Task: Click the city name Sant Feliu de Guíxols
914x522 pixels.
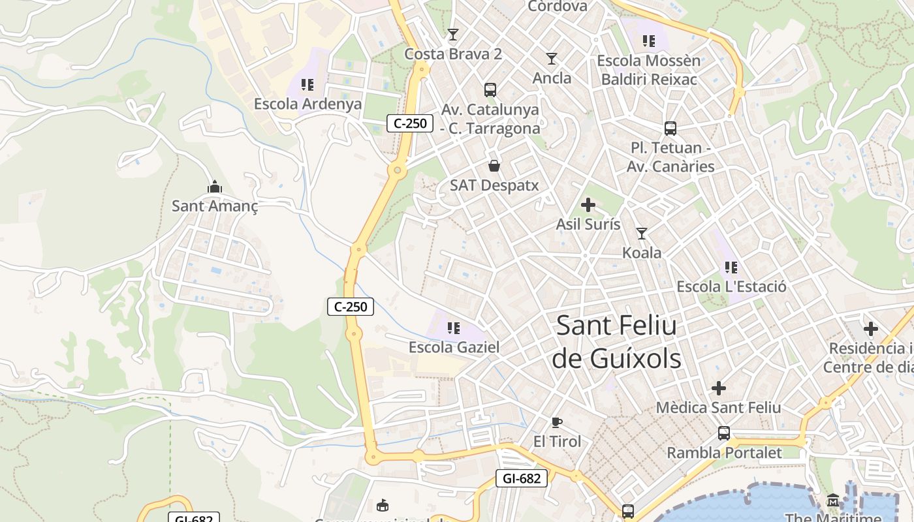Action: point(616,342)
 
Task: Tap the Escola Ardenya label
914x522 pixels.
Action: point(307,104)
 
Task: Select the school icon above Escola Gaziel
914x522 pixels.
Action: point(454,328)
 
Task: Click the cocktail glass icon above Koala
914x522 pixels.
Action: point(642,233)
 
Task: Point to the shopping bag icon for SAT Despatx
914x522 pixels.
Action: point(494,166)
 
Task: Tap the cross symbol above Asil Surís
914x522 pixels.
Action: point(588,205)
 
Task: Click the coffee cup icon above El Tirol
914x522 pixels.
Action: point(557,422)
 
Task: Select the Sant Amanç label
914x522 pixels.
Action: point(215,206)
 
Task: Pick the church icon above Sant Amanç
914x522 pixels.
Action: point(215,187)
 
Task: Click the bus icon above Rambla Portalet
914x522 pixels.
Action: point(724,433)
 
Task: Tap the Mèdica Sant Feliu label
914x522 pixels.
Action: point(718,408)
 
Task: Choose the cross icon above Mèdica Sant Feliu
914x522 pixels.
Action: point(719,388)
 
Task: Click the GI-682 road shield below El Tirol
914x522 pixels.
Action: point(522,478)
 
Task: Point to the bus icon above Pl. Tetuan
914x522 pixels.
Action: point(670,128)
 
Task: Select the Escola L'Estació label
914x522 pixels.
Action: point(731,286)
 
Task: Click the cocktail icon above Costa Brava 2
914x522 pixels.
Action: point(453,34)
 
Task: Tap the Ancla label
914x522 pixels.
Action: point(552,78)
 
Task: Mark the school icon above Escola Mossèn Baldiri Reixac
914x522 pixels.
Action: point(648,41)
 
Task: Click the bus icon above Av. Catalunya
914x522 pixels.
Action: point(490,90)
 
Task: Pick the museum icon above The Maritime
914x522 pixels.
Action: point(833,500)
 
